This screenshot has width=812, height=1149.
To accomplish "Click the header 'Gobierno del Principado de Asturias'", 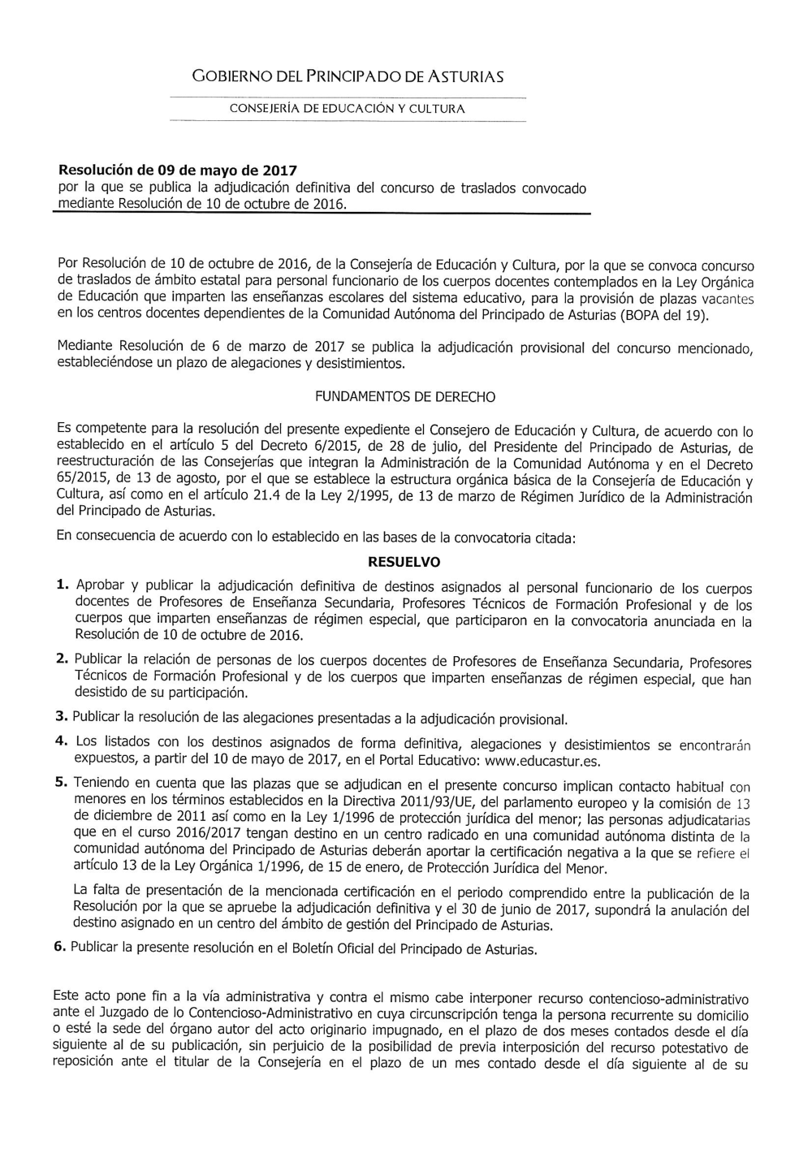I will tap(348, 77).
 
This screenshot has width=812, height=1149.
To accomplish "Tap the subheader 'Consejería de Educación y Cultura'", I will tap(348, 108).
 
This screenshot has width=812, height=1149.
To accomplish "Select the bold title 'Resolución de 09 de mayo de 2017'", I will tap(178, 171).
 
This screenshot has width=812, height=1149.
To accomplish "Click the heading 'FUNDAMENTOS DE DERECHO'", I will tap(404, 397).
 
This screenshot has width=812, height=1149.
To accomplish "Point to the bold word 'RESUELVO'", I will tap(404, 562).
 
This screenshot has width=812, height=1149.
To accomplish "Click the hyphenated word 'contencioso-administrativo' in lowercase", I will tap(667, 998).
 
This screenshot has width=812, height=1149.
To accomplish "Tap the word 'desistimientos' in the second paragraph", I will tap(361, 365).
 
